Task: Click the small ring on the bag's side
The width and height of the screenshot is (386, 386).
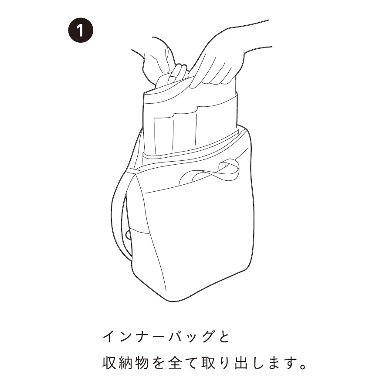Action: (x=128, y=234)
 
